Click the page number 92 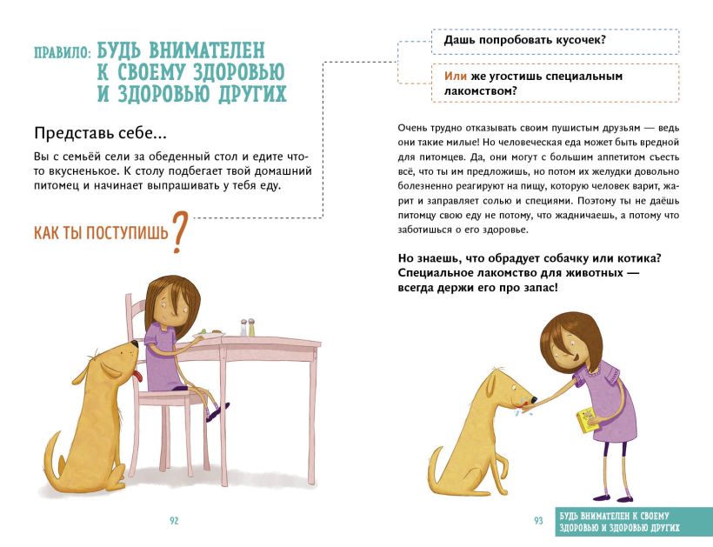tap(174, 521)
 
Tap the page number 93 tap(538, 521)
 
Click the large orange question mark tap(180, 232)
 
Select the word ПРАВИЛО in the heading tap(63, 53)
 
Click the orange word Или tap(455, 76)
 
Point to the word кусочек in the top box tap(580, 40)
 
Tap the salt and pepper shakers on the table tap(247, 327)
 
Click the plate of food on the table tap(209, 334)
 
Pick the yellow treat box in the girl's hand tap(588, 420)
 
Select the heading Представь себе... tap(100, 133)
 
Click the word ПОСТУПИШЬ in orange tap(127, 233)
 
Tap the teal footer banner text tap(619, 522)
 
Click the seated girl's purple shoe tap(217, 411)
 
